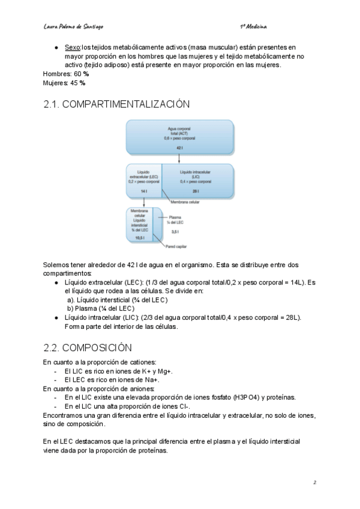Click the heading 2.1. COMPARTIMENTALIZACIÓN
(116, 104)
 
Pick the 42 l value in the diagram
(179, 148)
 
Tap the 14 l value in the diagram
(143, 191)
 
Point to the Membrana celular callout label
(185, 202)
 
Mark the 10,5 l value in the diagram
(139, 237)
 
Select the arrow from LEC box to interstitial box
(143, 202)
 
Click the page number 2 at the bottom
(314, 482)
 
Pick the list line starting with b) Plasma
(100, 309)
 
